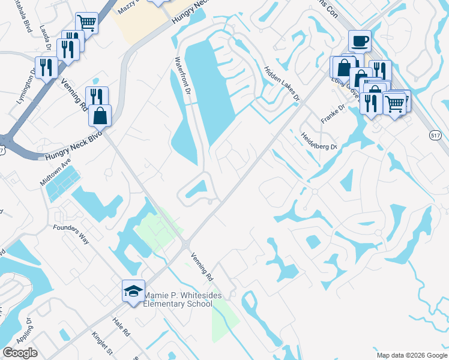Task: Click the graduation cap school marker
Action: pyautogui.click(x=133, y=291)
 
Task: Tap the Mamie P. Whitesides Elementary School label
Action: pyautogui.click(x=178, y=299)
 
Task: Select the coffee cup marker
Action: pyautogui.click(x=360, y=41)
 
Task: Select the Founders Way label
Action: pyautogui.click(x=71, y=234)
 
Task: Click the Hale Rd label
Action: pyautogui.click(x=121, y=328)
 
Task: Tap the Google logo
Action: pyautogui.click(x=20, y=353)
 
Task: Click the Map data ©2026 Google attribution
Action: pyautogui.click(x=411, y=355)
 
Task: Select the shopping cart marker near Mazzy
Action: pyautogui.click(x=88, y=23)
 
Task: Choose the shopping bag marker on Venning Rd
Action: pyautogui.click(x=100, y=115)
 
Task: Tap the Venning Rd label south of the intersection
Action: pyautogui.click(x=202, y=268)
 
